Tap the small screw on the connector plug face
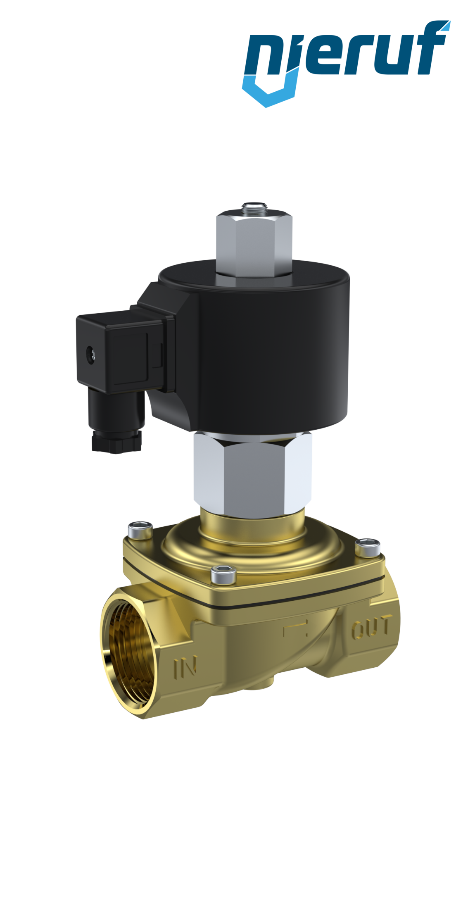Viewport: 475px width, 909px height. pos(90,352)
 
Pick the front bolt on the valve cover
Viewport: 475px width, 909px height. pos(223,575)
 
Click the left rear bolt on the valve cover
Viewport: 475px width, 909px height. pos(140,530)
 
